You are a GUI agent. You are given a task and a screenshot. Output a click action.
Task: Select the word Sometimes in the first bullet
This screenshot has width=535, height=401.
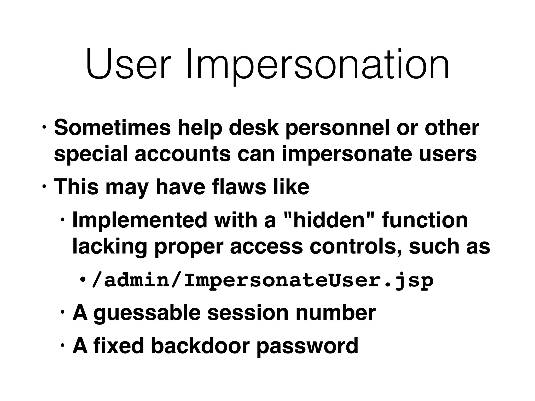click(113, 128)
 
